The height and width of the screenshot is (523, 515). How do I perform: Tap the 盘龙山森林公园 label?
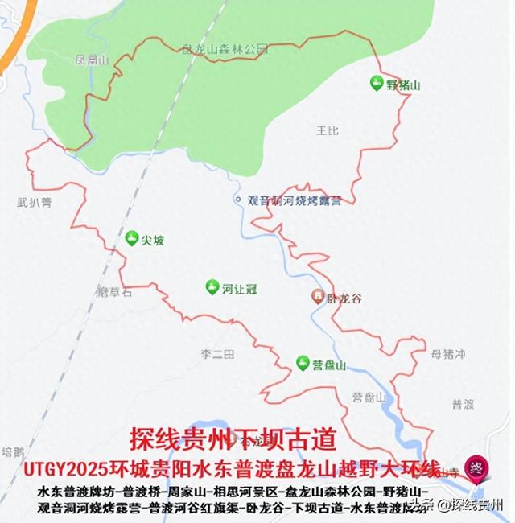click(x=225, y=49)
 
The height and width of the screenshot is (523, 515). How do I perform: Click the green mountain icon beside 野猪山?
click(x=376, y=83)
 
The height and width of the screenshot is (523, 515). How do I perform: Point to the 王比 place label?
click(x=328, y=129)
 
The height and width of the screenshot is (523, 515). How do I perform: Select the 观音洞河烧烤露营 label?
click(x=294, y=200)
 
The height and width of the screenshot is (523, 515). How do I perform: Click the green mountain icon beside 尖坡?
click(x=131, y=238)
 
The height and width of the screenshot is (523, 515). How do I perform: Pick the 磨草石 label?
click(x=113, y=293)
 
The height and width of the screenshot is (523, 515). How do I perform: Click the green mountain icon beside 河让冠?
click(x=212, y=286)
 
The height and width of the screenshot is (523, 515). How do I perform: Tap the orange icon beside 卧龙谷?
click(x=319, y=297)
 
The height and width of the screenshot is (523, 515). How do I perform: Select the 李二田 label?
click(x=216, y=354)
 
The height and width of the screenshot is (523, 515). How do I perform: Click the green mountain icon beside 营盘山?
click(x=303, y=364)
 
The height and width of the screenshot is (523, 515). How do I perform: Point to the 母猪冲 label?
click(x=448, y=354)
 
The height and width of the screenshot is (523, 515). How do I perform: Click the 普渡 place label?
click(x=463, y=403)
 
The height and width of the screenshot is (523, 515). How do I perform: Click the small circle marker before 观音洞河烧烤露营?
click(x=237, y=199)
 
